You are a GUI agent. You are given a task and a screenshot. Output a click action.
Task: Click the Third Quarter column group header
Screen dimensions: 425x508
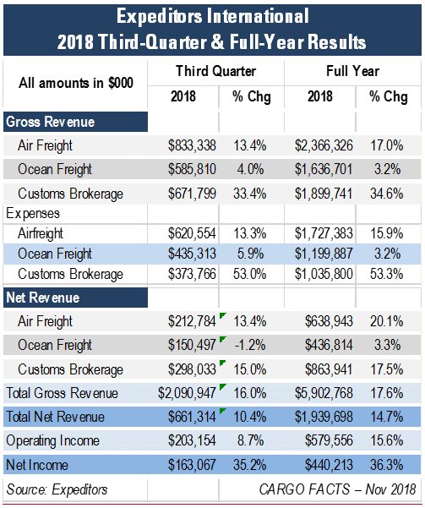pos(215,71)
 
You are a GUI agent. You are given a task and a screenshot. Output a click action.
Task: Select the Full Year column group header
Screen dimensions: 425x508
pos(352,71)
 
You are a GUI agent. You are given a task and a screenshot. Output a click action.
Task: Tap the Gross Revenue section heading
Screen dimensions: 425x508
pos(51,122)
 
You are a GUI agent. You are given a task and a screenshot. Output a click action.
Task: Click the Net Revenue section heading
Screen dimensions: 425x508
pos(43,298)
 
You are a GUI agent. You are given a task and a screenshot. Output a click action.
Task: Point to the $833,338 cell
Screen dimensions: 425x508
pos(192,145)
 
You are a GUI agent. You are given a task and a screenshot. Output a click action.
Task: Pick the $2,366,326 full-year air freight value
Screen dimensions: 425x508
pos(324,145)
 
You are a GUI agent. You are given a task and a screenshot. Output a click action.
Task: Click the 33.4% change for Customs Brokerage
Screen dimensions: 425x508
pos(250,194)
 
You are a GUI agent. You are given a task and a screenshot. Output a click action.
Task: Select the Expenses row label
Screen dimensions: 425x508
pos(33,214)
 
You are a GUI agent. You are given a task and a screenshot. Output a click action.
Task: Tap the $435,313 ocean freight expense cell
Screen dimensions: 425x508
pos(192,254)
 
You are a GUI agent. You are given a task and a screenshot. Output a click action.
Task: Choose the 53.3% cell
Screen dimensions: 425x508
pos(386,274)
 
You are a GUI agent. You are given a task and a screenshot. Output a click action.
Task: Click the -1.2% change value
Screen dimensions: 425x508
pos(250,345)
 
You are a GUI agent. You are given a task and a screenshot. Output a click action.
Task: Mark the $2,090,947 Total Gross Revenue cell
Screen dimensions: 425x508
pos(187,393)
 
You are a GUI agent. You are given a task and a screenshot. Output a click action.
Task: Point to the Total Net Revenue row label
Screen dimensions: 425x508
pos(56,417)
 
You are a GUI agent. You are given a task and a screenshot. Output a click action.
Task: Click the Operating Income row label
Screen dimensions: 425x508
pos(52,440)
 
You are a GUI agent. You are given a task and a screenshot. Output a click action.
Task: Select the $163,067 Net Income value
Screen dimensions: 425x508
pos(192,465)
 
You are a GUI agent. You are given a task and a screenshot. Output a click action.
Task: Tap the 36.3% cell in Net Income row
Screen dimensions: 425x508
pos(386,465)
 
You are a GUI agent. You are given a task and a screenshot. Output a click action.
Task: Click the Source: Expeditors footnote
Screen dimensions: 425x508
pos(57,489)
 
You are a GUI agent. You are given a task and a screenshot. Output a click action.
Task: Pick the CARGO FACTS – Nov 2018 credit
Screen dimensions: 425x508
pos(337,489)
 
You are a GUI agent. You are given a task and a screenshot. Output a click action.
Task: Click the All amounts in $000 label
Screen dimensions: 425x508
pos(76,83)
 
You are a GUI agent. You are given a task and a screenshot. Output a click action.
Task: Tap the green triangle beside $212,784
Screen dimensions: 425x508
pos(222,315)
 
